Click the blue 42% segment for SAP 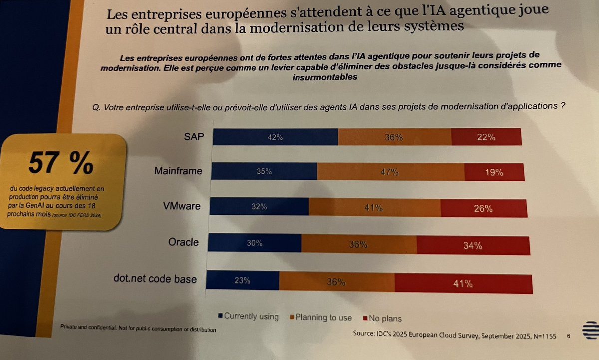[x=275, y=137]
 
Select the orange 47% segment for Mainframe [x=391, y=172]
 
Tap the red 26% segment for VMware [x=483, y=208]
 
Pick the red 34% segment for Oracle [x=472, y=245]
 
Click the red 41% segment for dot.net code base [x=463, y=284]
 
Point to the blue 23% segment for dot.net [x=243, y=281]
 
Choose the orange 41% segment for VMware [x=374, y=207]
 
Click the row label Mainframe [x=178, y=171]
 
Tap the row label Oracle [x=183, y=242]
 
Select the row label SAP [x=194, y=136]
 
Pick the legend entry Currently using [x=248, y=316]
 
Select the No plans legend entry [x=385, y=318]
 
